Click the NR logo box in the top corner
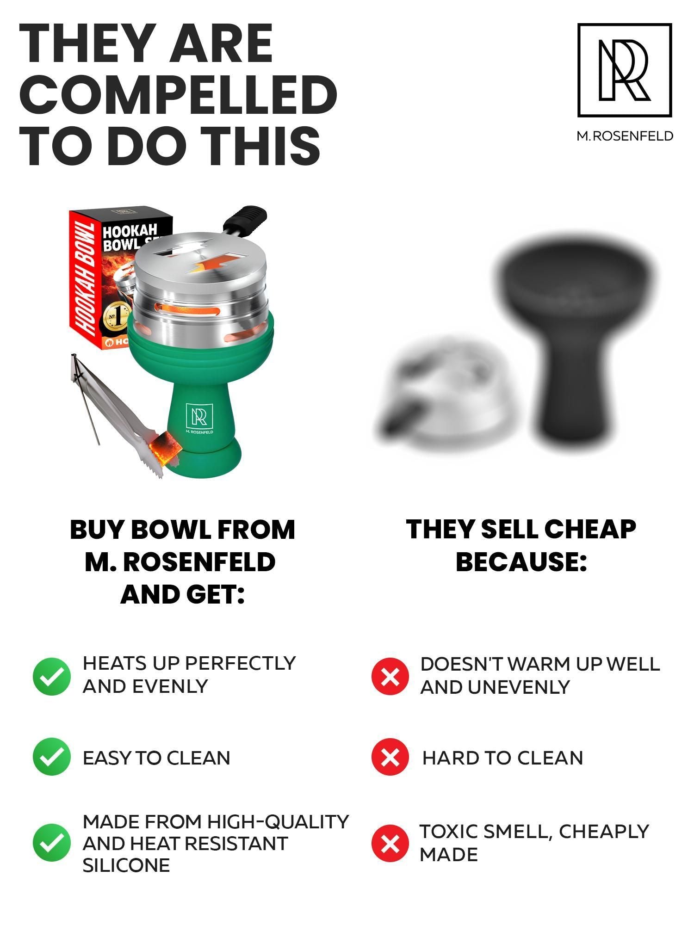(624, 70)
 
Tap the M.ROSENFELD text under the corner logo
(625, 136)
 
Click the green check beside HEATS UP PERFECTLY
(52, 676)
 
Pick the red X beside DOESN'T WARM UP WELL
(390, 676)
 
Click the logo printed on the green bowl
(199, 418)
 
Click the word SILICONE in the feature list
(126, 865)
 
